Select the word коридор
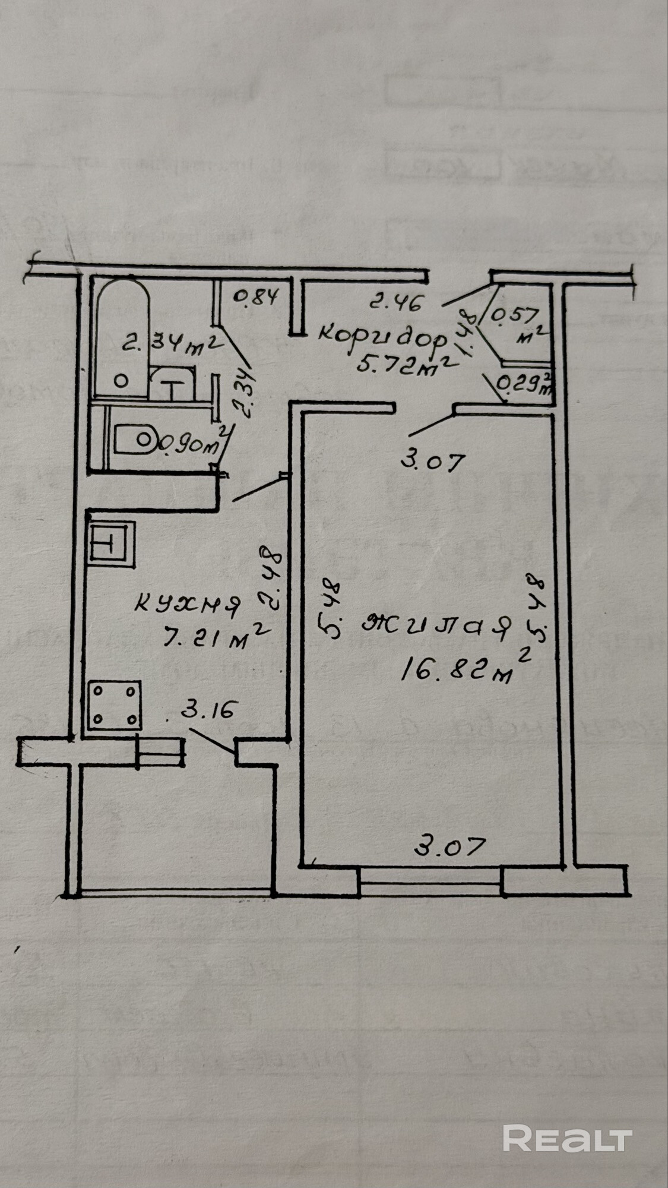pos(382,338)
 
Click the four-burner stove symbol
pos(115,705)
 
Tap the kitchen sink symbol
pos(111,543)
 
